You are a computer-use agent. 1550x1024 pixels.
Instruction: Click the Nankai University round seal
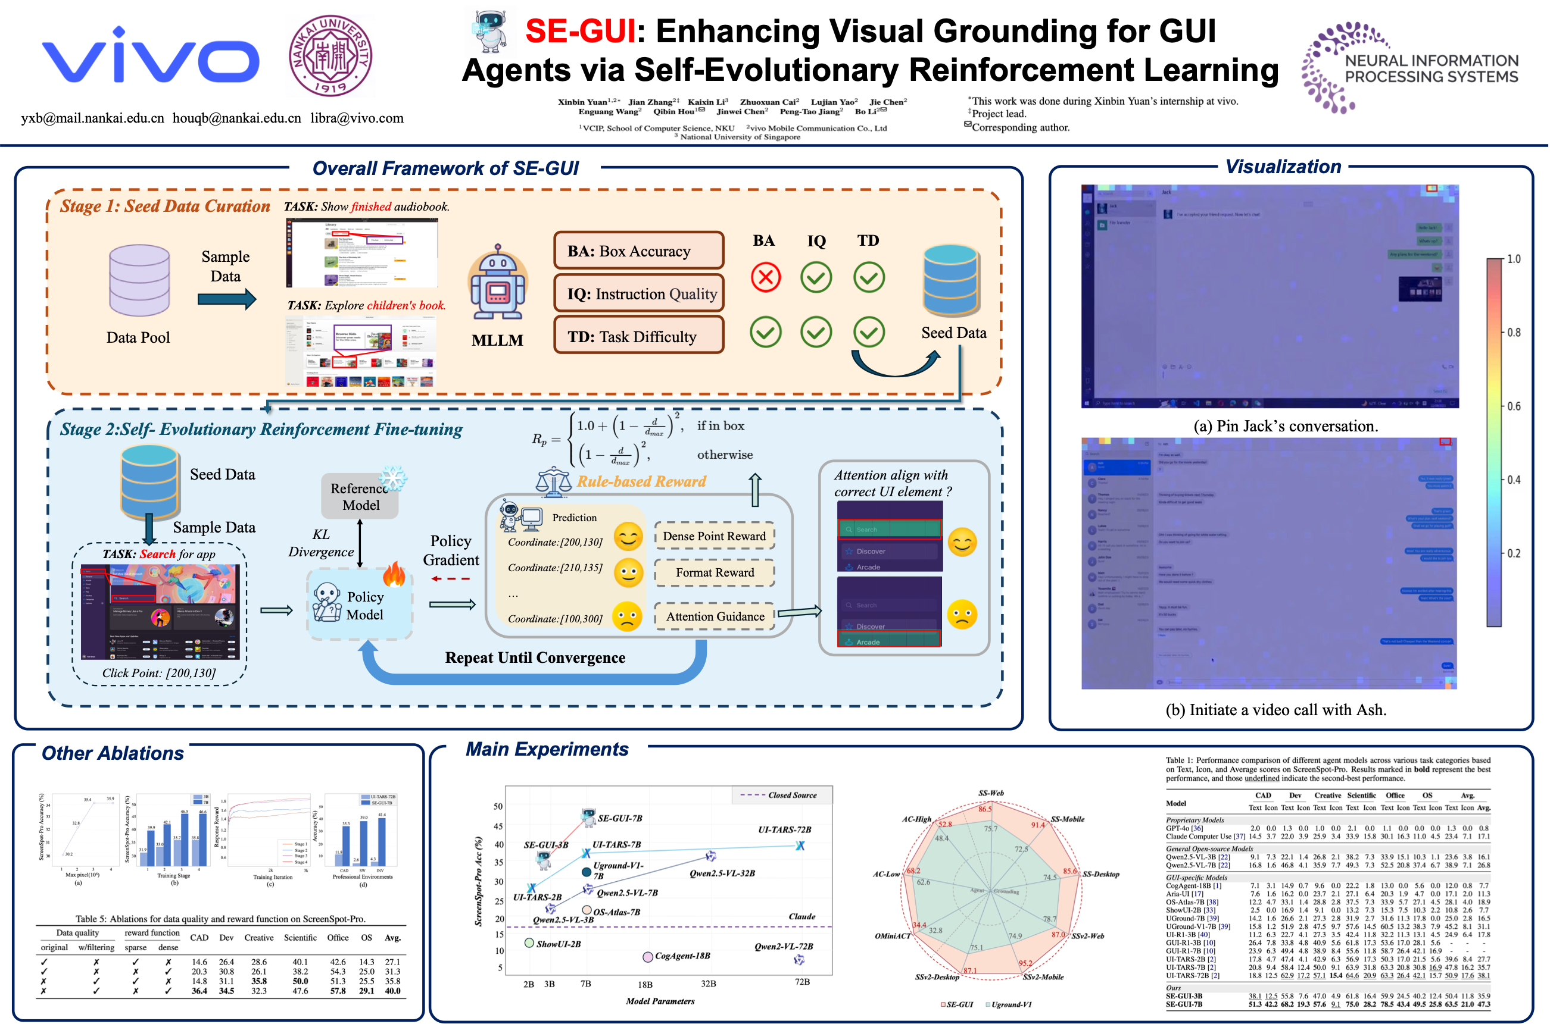(x=330, y=56)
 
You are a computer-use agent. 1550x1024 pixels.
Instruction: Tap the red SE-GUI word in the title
(x=579, y=32)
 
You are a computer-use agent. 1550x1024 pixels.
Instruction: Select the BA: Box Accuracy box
(x=638, y=250)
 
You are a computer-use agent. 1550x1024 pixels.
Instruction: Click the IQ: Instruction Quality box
(x=638, y=294)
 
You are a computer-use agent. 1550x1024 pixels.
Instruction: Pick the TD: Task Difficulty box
(x=638, y=336)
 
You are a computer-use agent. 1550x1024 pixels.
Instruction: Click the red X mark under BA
(x=765, y=277)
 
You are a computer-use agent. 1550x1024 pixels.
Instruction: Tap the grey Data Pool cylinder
(x=139, y=280)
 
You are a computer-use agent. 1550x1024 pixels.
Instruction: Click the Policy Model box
(x=360, y=605)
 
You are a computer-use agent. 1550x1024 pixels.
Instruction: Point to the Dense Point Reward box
(x=714, y=536)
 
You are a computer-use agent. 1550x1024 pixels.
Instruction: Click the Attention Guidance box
(x=714, y=616)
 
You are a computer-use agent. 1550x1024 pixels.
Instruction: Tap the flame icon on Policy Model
(x=394, y=574)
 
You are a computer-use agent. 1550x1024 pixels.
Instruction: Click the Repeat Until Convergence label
(x=535, y=657)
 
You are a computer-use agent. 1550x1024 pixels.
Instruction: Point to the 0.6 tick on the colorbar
(x=1514, y=406)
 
